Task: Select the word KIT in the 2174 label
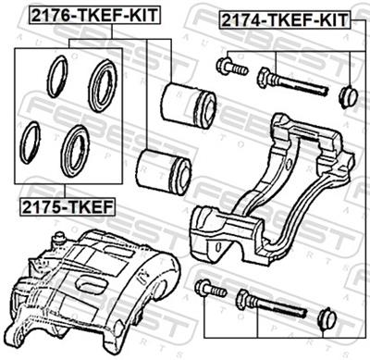[333, 18]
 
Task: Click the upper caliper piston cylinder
[190, 103]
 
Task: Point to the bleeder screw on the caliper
[59, 241]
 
